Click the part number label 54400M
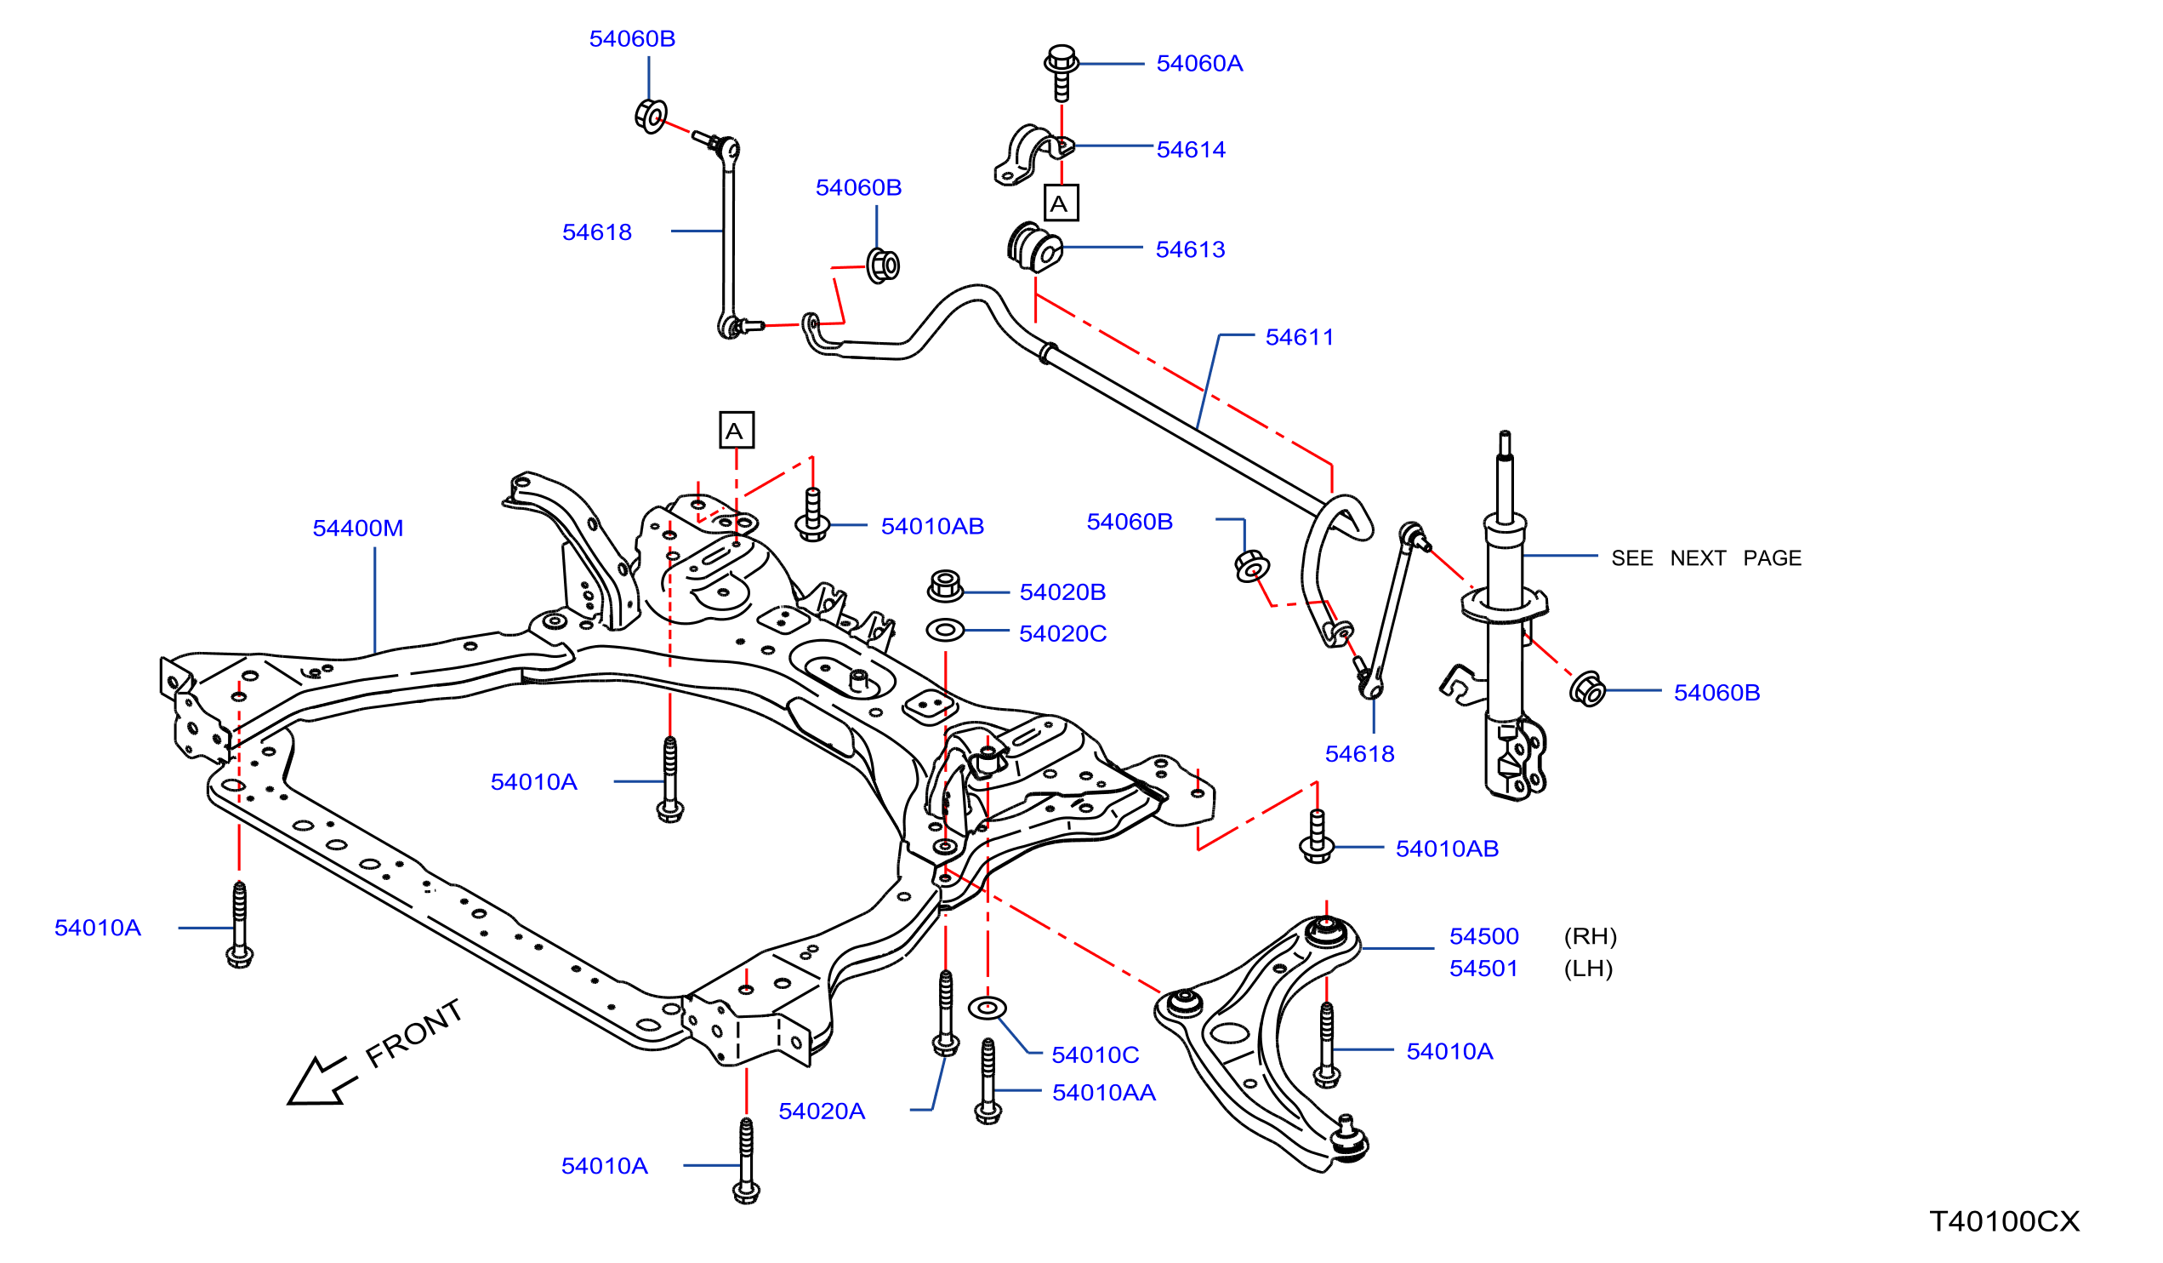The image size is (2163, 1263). coord(358,528)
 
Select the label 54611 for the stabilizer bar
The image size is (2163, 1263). coord(1300,337)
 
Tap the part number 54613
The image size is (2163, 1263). coord(1191,250)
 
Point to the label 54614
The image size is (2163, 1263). coord(1192,150)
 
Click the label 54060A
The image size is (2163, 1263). coord(1200,64)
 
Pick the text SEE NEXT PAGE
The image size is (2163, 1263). coord(1706,558)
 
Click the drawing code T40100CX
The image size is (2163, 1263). coord(2005,1221)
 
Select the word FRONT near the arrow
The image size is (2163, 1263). coord(414,1034)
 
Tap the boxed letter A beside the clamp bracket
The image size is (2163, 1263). coord(1062,203)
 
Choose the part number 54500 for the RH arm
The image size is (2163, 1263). coord(1484,937)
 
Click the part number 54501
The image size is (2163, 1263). coord(1484,969)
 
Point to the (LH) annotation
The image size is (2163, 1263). coord(1589,969)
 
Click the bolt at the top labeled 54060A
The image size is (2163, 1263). coord(1062,72)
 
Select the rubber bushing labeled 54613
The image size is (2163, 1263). coord(1035,248)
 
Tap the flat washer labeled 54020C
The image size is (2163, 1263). coord(946,630)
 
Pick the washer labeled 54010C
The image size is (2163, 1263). coord(987,1007)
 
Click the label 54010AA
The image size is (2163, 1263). coord(1104,1093)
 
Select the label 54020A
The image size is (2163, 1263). coord(822,1112)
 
